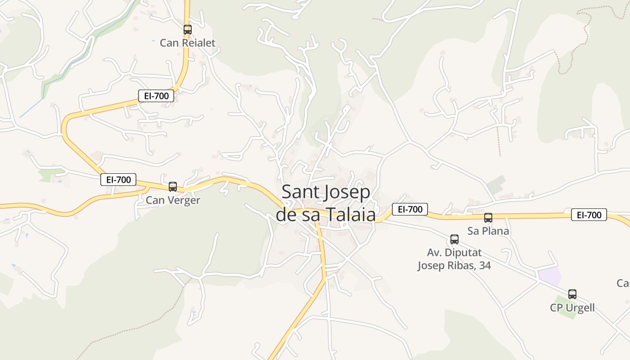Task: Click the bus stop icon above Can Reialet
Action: (x=188, y=30)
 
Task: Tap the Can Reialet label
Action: (x=188, y=43)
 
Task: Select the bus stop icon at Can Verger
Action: (x=173, y=187)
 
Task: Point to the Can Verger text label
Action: (x=173, y=200)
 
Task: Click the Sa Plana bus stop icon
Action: (x=488, y=218)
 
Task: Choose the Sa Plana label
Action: (x=488, y=231)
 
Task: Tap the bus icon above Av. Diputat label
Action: (x=454, y=239)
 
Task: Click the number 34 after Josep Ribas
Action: (x=485, y=265)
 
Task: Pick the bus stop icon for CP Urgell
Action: (x=572, y=294)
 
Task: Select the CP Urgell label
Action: (x=572, y=308)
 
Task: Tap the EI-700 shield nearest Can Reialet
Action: (x=156, y=96)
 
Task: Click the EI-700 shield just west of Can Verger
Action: (x=118, y=180)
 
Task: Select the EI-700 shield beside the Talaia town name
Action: (x=410, y=209)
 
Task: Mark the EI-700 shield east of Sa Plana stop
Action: (x=589, y=215)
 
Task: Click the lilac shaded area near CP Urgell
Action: (x=550, y=275)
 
